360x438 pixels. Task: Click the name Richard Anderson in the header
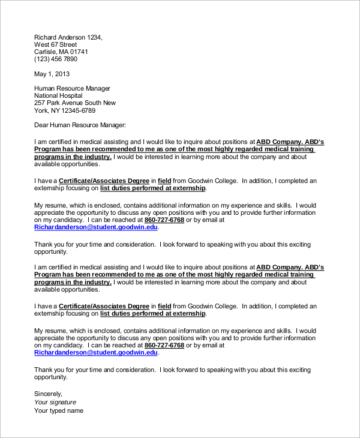point(59,37)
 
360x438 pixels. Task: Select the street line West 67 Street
point(55,44)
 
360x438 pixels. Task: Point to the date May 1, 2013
point(52,74)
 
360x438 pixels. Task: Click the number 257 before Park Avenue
point(40,103)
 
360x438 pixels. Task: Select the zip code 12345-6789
point(77,110)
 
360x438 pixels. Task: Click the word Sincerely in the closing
point(48,393)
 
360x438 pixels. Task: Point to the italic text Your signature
point(55,402)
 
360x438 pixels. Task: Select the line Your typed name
point(58,410)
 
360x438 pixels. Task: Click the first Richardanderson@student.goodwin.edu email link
point(96,227)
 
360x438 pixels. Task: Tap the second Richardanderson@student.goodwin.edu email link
point(96,353)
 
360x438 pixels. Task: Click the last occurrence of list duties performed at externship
point(152,313)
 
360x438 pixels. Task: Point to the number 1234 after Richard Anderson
point(94,37)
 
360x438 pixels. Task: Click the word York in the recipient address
point(41,110)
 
